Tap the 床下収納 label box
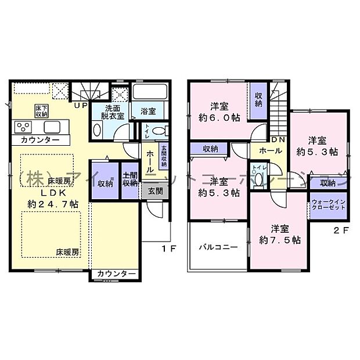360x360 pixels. click(41, 111)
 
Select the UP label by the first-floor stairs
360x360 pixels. click(81, 105)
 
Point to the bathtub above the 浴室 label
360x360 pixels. click(150, 92)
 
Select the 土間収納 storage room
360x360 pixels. click(129, 179)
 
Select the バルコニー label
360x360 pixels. click(214, 247)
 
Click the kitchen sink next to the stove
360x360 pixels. click(51, 127)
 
